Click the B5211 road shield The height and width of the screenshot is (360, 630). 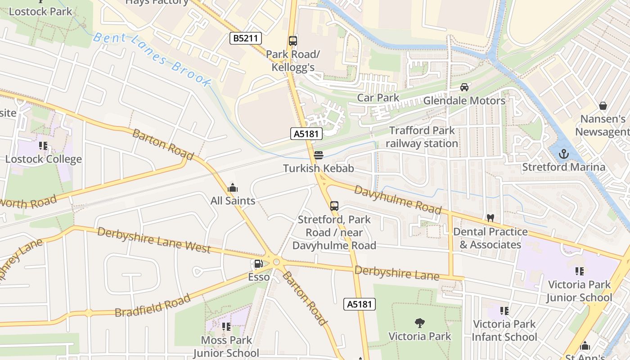point(246,38)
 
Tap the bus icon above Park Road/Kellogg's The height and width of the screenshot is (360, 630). point(293,41)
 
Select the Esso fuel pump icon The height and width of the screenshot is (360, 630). point(259,264)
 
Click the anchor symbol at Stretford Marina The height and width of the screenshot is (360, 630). point(563,154)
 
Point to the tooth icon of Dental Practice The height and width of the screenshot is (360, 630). point(490,218)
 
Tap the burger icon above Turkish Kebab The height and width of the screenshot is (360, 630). point(319,155)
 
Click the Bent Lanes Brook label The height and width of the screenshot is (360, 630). point(152,58)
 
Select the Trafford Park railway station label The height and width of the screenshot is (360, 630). point(422,137)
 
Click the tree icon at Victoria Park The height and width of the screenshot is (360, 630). point(419,323)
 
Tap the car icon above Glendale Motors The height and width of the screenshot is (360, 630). point(464,87)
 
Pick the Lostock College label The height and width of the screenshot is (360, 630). point(44,159)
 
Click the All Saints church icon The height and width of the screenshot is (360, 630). point(233,187)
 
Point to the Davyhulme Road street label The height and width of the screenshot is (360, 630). point(397,198)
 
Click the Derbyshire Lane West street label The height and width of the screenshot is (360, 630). point(154,240)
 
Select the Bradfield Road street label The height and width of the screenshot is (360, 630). point(153,306)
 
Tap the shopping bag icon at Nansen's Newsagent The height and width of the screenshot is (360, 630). point(603,106)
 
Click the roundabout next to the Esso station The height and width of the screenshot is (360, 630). point(276,261)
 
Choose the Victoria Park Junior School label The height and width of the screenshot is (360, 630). point(579,291)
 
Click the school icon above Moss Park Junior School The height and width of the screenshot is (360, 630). point(226,326)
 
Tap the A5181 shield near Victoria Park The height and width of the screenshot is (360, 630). point(360,304)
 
